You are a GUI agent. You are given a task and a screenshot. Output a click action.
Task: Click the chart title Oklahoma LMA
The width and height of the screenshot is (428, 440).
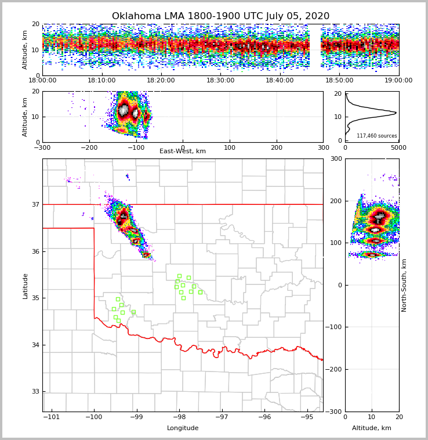coord(220,16)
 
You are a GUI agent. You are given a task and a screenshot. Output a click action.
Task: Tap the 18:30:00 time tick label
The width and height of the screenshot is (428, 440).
coord(220,81)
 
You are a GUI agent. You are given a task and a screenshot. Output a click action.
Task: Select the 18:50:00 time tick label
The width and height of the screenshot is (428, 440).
coord(339,81)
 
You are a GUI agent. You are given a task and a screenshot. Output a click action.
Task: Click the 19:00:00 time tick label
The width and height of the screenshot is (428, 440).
coord(398,81)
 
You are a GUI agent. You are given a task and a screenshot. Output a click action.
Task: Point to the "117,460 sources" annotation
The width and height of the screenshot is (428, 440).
coord(376,136)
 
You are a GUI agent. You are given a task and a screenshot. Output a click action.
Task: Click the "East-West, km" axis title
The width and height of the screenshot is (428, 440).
coord(183,152)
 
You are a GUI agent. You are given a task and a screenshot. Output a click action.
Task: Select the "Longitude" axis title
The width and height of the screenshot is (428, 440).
coord(183,428)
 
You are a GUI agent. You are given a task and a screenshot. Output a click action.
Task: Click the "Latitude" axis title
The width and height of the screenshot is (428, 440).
coord(26,286)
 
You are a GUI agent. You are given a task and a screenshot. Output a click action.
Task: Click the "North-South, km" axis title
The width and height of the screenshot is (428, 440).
coord(404,286)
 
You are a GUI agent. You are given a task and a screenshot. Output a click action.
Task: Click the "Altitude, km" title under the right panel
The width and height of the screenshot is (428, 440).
coord(372,428)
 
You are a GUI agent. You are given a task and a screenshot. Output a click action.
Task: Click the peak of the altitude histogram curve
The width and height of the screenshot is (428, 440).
coord(396,113)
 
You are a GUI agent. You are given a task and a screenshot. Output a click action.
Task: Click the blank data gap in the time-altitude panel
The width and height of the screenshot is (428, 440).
coord(314,49)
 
